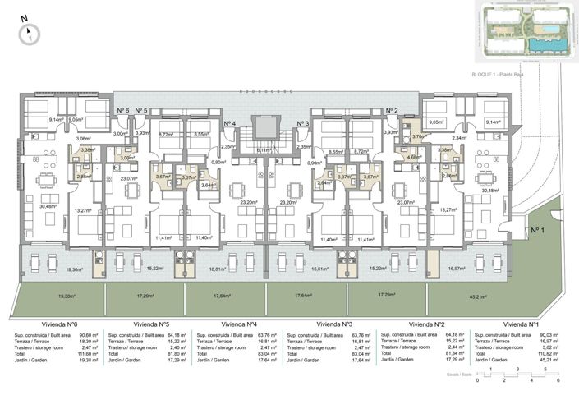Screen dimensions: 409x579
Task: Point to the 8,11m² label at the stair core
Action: pyautogui.click(x=263, y=150)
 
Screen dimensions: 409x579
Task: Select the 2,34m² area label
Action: pyautogui.click(x=459, y=138)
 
